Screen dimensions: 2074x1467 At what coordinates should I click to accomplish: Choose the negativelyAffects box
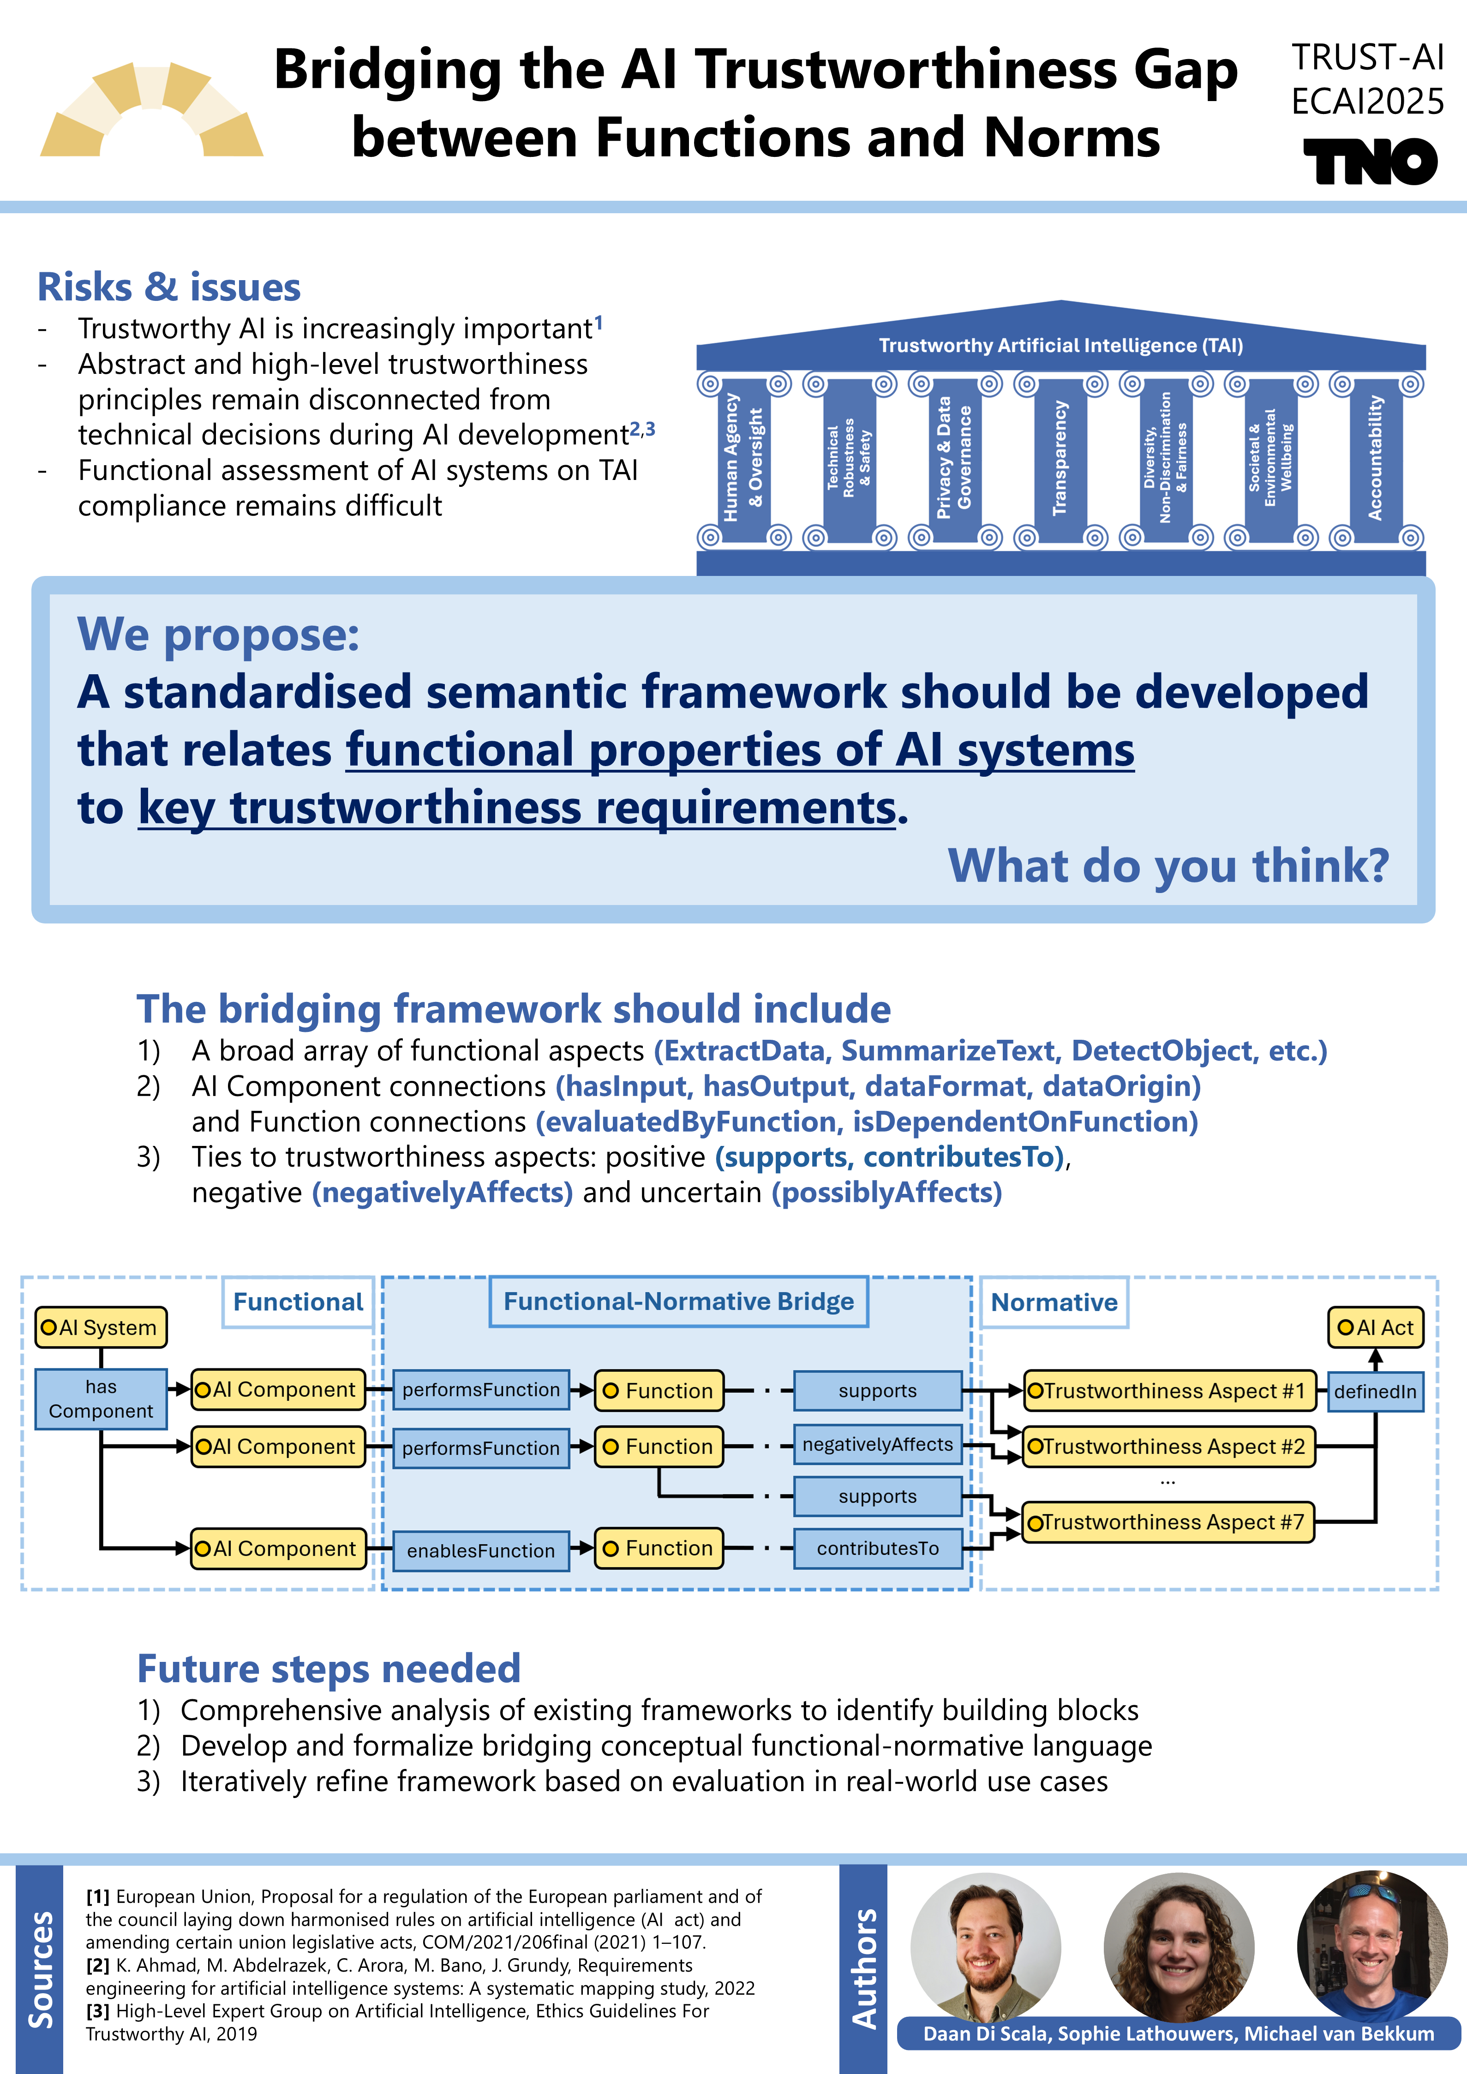point(877,1445)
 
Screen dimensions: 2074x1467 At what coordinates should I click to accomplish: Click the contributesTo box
point(877,1548)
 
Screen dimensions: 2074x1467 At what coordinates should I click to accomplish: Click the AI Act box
point(1375,1327)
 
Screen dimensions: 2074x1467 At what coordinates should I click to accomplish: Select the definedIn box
point(1375,1391)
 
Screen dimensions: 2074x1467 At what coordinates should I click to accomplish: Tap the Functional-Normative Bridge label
point(678,1301)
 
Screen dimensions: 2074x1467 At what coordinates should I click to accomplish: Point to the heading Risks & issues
point(169,287)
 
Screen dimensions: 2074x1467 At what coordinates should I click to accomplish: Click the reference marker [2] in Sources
point(97,1965)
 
